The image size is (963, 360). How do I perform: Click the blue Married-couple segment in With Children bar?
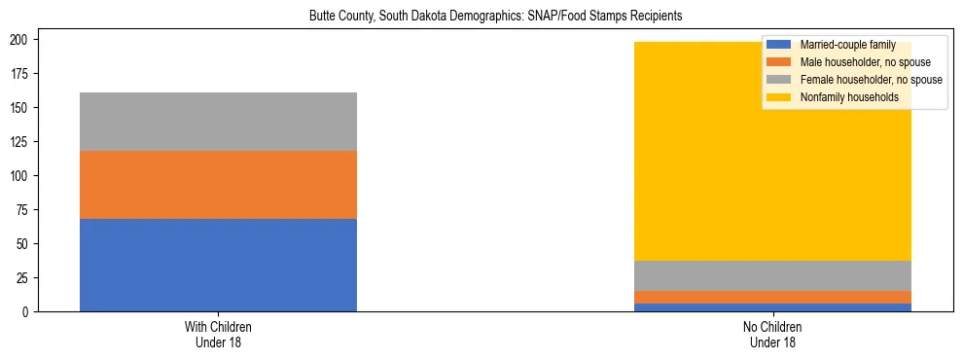tap(218, 265)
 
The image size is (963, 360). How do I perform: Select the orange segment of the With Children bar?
tap(218, 185)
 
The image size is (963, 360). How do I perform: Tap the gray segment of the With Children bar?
tap(218, 122)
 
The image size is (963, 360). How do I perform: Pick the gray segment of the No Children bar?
tap(772, 275)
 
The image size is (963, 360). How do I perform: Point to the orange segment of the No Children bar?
tap(772, 297)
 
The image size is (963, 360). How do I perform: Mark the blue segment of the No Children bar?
tap(772, 307)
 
